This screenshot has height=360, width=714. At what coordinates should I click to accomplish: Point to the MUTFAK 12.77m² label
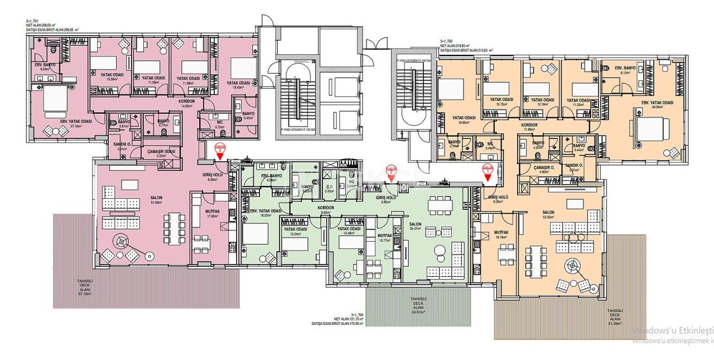tap(385, 238)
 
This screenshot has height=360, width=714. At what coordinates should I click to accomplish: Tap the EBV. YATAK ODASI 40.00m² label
tap(657, 105)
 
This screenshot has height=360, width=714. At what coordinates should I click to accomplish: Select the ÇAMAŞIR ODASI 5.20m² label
tap(161, 153)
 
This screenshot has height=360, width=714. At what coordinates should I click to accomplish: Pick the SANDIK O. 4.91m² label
tap(122, 146)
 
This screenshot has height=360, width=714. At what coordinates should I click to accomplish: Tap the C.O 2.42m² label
tap(329, 189)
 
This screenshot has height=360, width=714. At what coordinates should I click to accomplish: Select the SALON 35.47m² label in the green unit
tap(415, 225)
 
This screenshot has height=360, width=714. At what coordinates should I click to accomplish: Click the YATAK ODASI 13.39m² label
tap(112, 76)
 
